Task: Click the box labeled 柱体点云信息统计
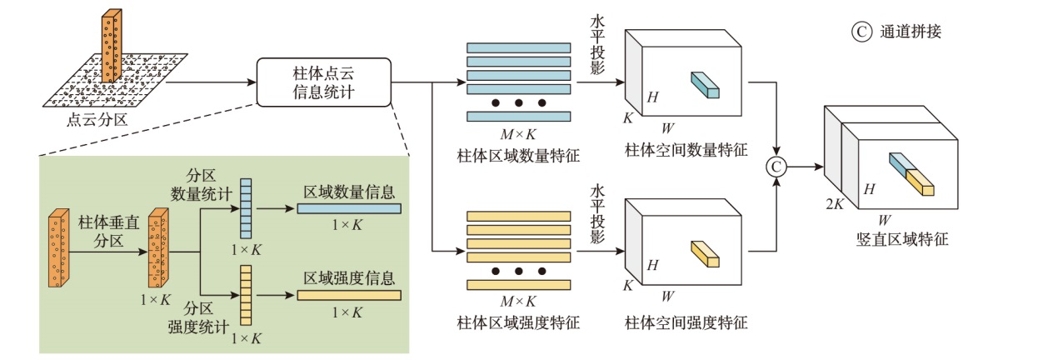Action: [x=324, y=82]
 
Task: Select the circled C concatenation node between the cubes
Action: [x=776, y=167]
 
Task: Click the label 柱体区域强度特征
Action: [x=518, y=322]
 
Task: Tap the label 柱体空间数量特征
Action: [x=686, y=152]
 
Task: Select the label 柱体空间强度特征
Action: [x=686, y=322]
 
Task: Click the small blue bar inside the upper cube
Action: [x=703, y=85]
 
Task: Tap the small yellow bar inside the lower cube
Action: [x=704, y=253]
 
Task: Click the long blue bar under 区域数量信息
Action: [x=349, y=208]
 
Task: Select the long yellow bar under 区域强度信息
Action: [x=349, y=294]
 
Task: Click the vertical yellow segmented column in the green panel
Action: [x=246, y=294]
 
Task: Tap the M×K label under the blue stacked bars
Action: [x=518, y=136]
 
